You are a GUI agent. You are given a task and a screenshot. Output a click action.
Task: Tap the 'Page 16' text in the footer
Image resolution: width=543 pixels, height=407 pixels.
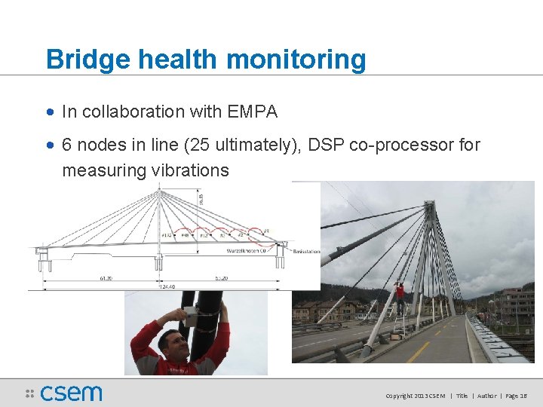[x=517, y=396]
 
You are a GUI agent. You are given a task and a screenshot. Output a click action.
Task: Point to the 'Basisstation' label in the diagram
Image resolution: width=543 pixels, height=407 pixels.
[x=305, y=251]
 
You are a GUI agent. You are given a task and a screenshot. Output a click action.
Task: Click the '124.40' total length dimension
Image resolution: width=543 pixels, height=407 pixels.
[x=159, y=286]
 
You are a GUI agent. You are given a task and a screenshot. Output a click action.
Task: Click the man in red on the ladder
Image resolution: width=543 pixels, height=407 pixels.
[x=400, y=295]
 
